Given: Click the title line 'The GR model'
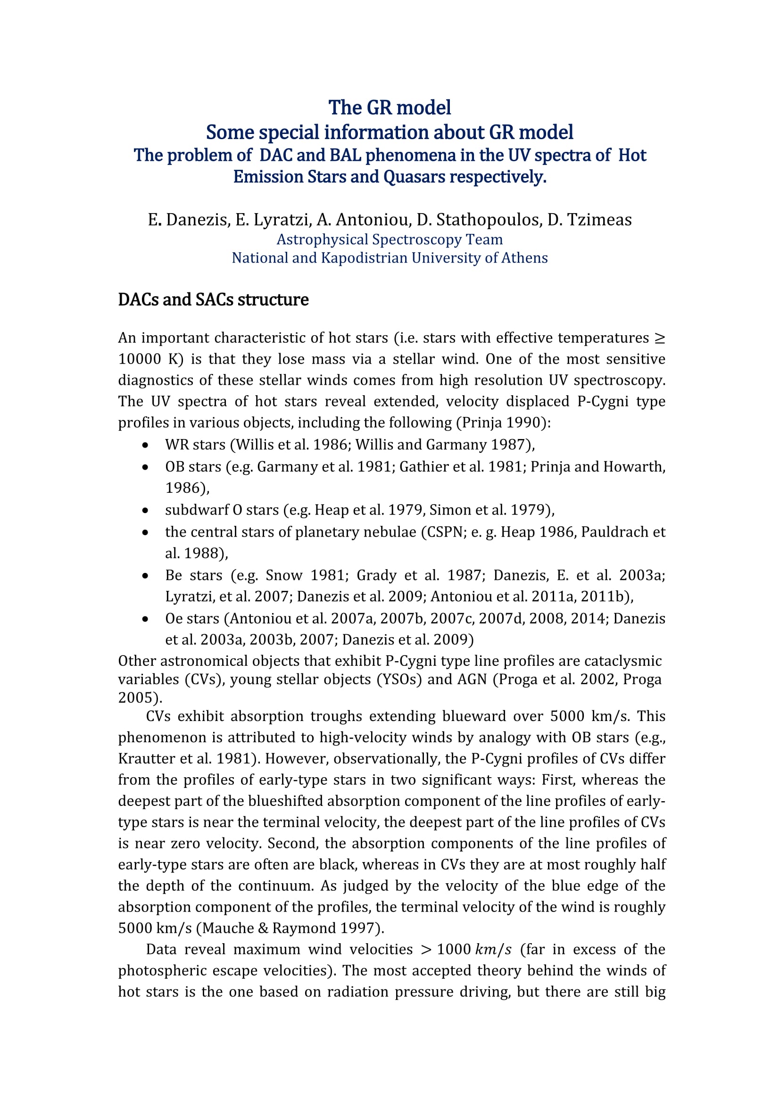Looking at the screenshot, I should click(x=390, y=108).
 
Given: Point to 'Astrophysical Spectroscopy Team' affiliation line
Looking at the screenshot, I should click(x=390, y=239).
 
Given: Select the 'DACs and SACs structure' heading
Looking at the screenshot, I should click(x=213, y=300).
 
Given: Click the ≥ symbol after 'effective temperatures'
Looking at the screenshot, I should click(x=660, y=338).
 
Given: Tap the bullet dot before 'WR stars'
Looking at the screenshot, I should click(x=145, y=445).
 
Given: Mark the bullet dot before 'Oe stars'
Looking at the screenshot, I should click(x=145, y=619).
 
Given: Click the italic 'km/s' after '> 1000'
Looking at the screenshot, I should click(x=493, y=950).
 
